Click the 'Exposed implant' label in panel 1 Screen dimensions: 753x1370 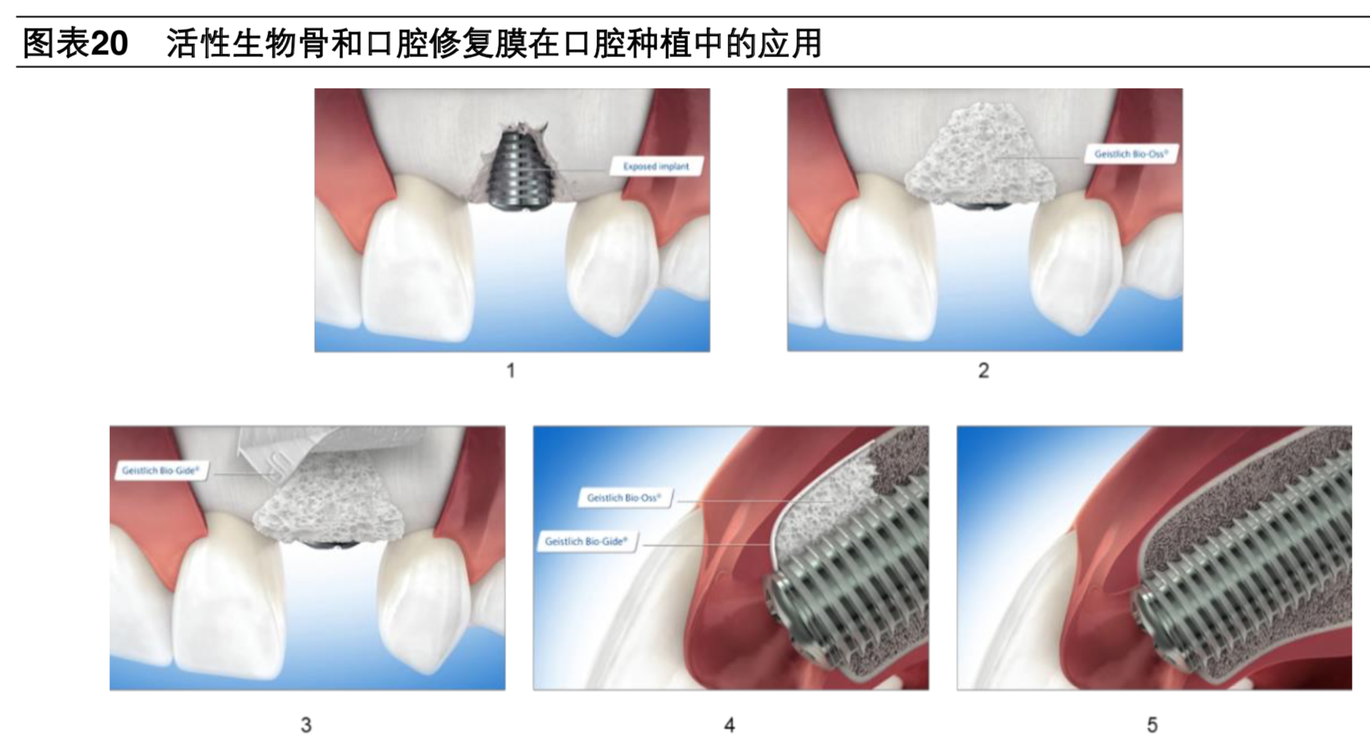pos(656,166)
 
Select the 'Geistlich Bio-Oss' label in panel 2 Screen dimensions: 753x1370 pos(1130,154)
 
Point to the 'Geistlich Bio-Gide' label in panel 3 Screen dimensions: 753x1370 pos(160,470)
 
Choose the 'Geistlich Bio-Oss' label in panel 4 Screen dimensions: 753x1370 pos(623,498)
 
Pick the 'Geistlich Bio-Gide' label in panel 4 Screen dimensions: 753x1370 pos(586,542)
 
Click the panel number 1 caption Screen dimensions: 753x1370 pos(511,371)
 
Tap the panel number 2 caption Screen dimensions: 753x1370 pos(983,371)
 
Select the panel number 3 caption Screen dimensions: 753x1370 pos(306,725)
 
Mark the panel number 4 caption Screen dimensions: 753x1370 pos(729,725)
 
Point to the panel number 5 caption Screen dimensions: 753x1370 pos(1152,725)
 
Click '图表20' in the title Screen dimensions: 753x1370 pos(75,43)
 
